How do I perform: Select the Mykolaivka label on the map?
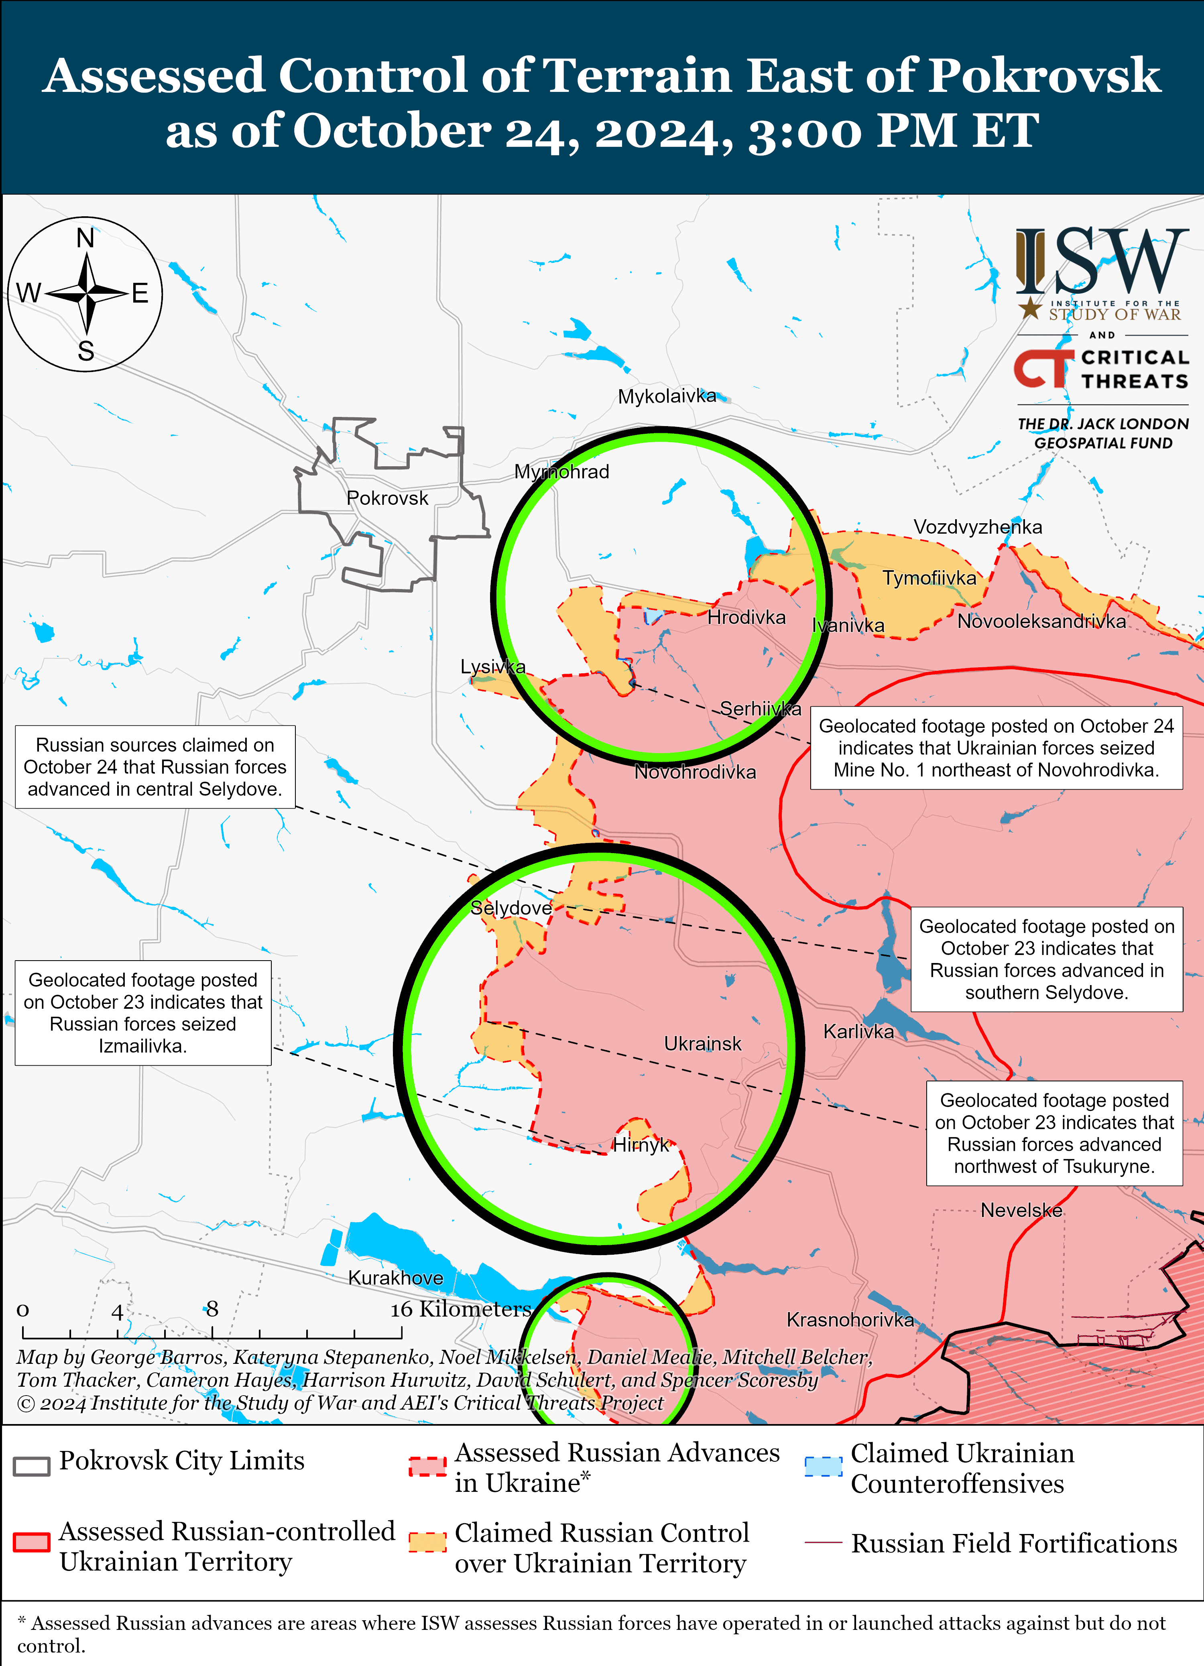pos(666,397)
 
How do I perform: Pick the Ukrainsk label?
pos(702,1044)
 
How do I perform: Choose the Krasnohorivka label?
pos(850,1320)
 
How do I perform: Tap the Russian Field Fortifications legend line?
pos(823,1542)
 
